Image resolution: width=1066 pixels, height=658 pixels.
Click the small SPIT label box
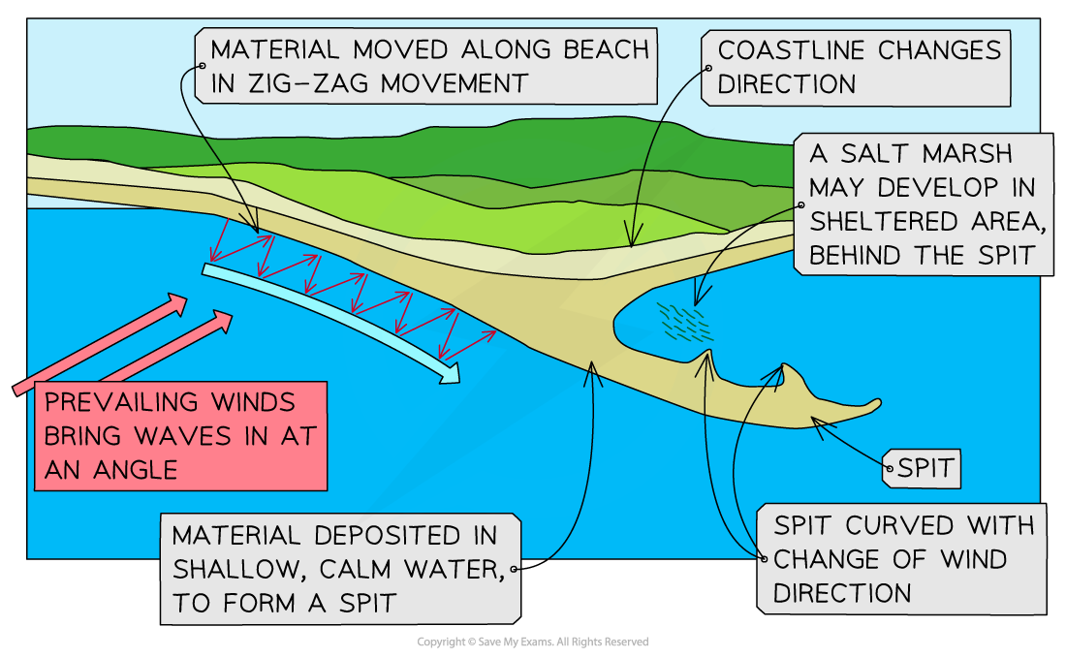coord(922,468)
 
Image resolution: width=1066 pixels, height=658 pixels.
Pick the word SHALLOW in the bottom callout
coord(235,569)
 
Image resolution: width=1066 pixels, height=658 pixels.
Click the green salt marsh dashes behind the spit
coord(684,322)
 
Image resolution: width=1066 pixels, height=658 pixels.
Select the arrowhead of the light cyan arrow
coord(450,372)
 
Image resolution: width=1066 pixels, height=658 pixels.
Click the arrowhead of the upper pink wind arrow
coord(177,303)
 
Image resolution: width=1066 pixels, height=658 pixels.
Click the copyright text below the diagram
coord(532,642)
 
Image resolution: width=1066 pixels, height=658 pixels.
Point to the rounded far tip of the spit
coord(878,404)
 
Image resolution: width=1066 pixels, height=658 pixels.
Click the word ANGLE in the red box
coord(136,470)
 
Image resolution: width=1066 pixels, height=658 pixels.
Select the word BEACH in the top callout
coord(607,49)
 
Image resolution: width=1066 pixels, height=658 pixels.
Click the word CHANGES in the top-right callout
coord(940,50)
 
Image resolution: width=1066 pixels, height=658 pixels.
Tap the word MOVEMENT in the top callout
coord(455,83)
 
